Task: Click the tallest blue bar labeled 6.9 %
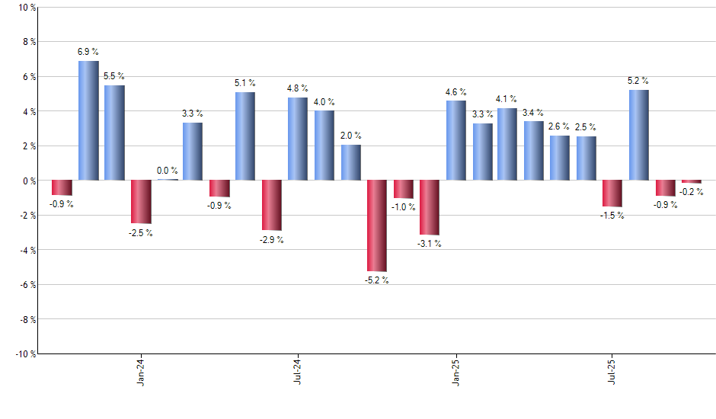tap(88, 120)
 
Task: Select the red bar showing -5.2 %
tap(377, 225)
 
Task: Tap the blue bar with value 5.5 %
tap(114, 133)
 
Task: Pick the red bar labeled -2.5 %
tap(141, 202)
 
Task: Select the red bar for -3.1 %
tap(430, 207)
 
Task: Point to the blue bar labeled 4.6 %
tap(455, 140)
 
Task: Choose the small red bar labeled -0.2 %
tap(692, 182)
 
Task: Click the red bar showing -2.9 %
tap(272, 205)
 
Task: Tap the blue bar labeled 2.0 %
tap(350, 163)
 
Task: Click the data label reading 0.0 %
tap(168, 171)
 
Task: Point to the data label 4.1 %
tap(507, 99)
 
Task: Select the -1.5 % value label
tap(612, 216)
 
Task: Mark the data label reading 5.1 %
tap(245, 83)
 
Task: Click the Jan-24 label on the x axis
tap(141, 373)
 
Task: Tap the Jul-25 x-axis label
tap(612, 373)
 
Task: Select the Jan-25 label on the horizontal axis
tap(455, 373)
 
